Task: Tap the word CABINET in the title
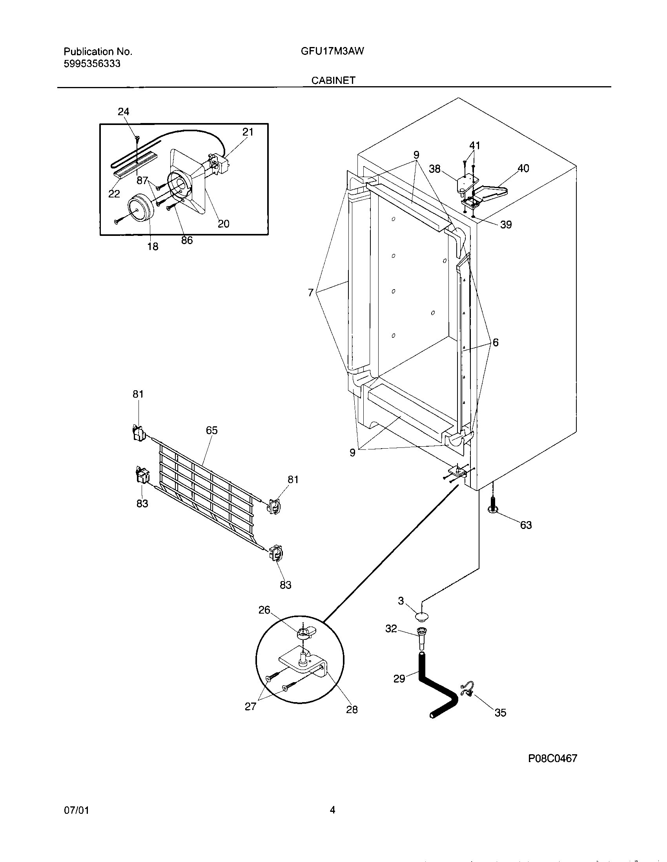click(333, 80)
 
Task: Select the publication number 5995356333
click(92, 63)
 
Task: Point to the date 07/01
click(76, 810)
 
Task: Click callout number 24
click(123, 112)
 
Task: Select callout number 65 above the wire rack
click(212, 431)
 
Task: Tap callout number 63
click(526, 525)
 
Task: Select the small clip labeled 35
click(467, 690)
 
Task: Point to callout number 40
click(523, 168)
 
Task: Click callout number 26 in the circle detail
click(264, 610)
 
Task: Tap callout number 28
click(352, 710)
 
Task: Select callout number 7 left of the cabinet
click(311, 292)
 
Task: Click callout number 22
click(114, 194)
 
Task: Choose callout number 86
click(187, 240)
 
